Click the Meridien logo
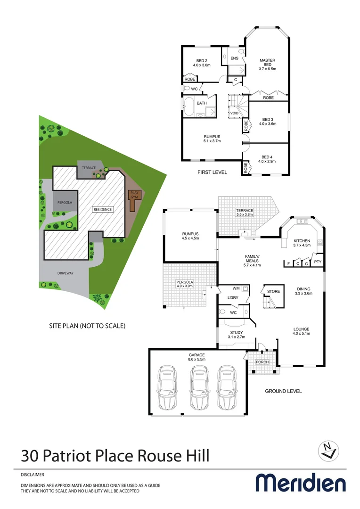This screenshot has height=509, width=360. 300,483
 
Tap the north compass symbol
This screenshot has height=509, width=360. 327,450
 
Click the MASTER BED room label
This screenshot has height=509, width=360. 267,63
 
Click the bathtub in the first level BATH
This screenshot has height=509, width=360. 189,108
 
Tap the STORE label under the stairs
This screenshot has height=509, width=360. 273,291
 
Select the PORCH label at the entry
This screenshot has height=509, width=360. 262,362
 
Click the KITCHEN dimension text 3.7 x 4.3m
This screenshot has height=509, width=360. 302,245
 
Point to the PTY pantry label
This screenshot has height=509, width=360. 318,262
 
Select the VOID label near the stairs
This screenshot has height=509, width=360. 234,114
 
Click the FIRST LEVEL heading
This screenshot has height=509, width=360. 212,172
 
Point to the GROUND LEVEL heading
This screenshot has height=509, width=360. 283,391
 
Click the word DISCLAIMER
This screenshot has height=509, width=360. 35,475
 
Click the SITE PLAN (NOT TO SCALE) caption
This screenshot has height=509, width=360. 87,326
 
